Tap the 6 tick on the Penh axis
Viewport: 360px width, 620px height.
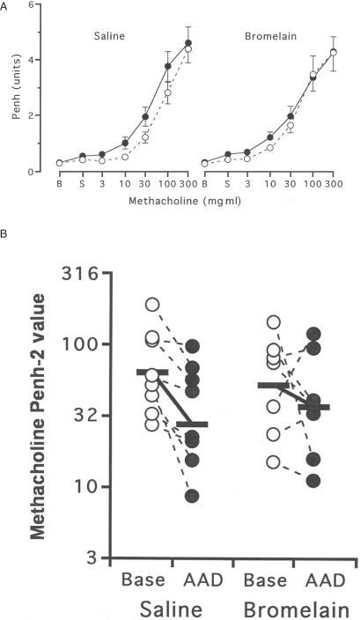click(33, 5)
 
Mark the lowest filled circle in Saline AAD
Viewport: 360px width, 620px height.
click(191, 496)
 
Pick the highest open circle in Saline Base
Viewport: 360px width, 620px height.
click(152, 305)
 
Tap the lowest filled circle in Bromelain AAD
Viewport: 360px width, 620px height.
click(312, 480)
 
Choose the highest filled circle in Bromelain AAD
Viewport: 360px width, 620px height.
click(312, 334)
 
